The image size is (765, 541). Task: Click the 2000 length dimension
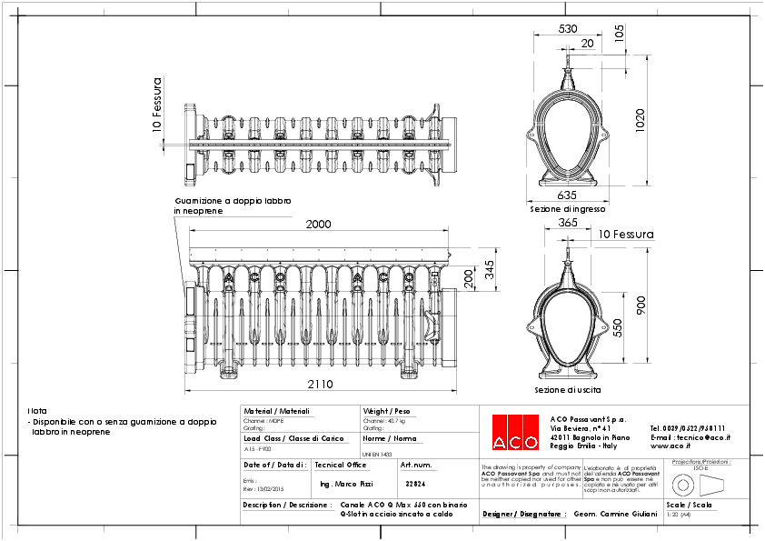point(318,225)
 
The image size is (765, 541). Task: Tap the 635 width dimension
point(567,195)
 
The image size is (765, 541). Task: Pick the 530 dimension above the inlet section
point(567,29)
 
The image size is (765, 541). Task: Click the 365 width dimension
point(567,223)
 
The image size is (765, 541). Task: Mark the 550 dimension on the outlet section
point(617,327)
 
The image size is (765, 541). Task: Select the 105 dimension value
point(619,34)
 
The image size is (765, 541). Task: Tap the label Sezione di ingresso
point(568,209)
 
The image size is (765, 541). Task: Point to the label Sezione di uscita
point(567,390)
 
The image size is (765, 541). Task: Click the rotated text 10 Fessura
point(157,105)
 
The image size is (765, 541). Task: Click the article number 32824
point(415,485)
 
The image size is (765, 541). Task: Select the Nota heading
point(37,411)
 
